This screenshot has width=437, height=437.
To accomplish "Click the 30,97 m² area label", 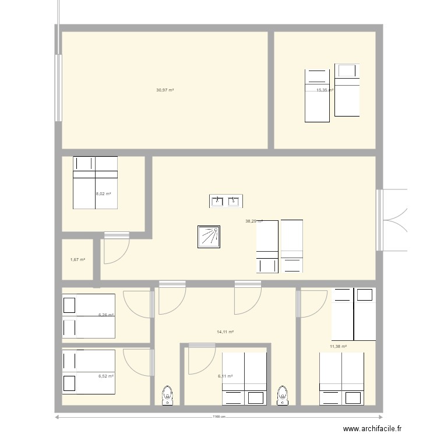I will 165,90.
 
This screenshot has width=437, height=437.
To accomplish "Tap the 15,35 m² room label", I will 325,90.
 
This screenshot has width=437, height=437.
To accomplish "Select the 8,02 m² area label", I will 104,194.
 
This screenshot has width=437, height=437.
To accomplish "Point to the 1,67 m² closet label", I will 77,260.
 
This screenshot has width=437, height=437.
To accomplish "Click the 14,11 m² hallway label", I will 225,332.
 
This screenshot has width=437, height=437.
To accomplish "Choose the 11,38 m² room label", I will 338,347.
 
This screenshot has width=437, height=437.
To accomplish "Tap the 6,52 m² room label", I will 105,376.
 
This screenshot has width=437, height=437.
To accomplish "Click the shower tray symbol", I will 209,236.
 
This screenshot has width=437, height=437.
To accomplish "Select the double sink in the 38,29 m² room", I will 225,201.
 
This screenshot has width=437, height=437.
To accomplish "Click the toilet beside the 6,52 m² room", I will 168,394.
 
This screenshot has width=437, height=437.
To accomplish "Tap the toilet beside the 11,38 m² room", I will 283,394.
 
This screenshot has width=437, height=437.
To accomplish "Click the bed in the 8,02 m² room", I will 95,182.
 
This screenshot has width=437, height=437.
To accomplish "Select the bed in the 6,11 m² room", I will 244,379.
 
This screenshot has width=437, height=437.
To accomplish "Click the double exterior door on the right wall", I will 392,220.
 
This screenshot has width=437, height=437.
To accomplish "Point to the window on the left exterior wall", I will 58,87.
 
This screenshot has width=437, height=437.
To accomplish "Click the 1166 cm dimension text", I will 218,417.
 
